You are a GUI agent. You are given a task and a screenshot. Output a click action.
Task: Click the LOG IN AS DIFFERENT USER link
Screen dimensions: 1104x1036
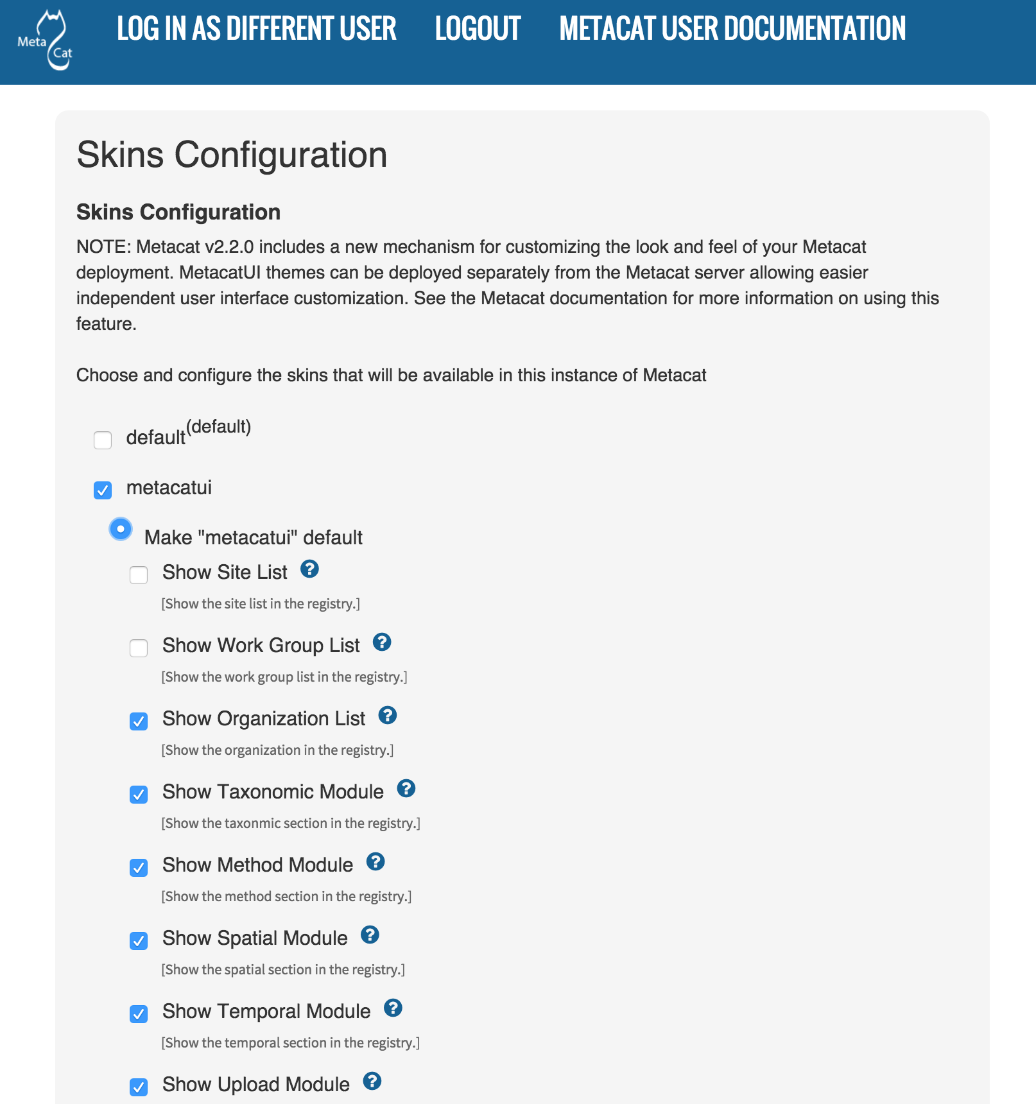(x=256, y=29)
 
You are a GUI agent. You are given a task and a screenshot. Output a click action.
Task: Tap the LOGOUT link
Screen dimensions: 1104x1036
(x=478, y=29)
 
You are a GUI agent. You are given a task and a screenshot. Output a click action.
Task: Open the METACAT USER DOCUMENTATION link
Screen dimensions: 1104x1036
(x=732, y=29)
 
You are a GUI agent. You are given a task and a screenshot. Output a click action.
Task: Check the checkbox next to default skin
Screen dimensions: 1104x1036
(x=103, y=440)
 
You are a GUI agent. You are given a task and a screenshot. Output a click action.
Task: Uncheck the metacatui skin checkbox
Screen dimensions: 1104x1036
(x=103, y=490)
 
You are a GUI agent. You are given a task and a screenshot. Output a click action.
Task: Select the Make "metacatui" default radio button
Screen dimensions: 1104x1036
(x=121, y=530)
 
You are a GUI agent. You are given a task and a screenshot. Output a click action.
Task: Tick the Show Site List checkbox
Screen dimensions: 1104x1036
(x=139, y=575)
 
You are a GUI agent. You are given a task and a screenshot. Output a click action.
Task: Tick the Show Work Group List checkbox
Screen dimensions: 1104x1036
(x=139, y=648)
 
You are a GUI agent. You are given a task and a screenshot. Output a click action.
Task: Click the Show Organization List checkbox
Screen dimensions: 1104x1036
(x=139, y=721)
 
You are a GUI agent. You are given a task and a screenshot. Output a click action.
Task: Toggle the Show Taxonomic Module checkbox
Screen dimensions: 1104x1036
(x=139, y=795)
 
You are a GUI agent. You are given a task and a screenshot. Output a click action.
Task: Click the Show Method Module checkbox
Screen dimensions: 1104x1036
(x=139, y=868)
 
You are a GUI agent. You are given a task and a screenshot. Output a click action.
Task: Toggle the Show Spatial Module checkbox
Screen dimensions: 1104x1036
(x=139, y=941)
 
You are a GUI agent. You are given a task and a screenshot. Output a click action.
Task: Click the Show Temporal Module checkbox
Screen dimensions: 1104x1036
(x=139, y=1014)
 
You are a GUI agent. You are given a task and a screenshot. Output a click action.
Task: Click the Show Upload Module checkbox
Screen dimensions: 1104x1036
(x=139, y=1087)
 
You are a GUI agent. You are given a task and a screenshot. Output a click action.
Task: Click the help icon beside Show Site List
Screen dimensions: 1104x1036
(x=310, y=569)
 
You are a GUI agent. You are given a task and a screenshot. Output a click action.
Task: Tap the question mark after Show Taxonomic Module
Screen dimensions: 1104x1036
(x=406, y=788)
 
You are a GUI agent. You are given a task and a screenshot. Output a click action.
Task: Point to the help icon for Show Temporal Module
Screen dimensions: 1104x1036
(x=393, y=1008)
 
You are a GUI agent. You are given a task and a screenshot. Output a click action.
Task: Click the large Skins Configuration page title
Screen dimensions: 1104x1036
(x=232, y=155)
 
